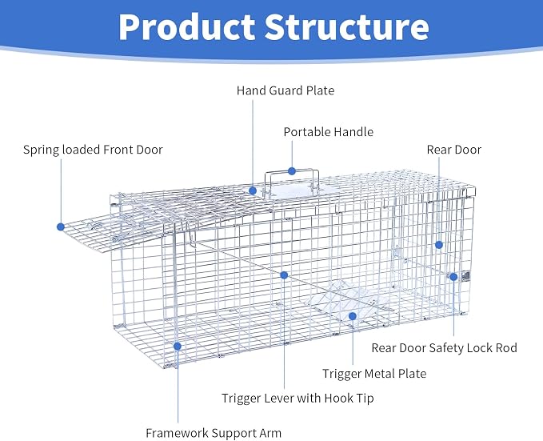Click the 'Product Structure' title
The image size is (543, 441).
pyautogui.click(x=273, y=27)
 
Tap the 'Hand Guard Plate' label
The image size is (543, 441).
pyautogui.click(x=285, y=90)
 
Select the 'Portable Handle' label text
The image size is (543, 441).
pyautogui.click(x=329, y=132)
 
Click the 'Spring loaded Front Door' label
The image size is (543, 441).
pyautogui.click(x=93, y=150)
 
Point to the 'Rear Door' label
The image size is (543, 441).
pyautogui.click(x=453, y=150)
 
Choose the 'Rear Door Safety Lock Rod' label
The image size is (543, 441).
pyautogui.click(x=444, y=347)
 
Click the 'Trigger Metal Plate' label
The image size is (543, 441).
pyautogui.click(x=374, y=374)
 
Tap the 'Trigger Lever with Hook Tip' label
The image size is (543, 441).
pyautogui.click(x=297, y=398)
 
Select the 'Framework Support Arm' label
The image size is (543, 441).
pyautogui.click(x=214, y=433)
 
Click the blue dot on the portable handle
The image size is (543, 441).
pyautogui.click(x=292, y=171)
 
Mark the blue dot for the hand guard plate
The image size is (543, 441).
pyautogui.click(x=253, y=190)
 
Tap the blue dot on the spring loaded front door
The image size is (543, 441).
pyautogui.click(x=61, y=227)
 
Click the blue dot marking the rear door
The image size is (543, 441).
pyautogui.click(x=439, y=245)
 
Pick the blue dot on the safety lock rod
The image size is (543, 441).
pyautogui.click(x=453, y=277)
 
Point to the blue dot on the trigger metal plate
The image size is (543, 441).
pyautogui.click(x=352, y=316)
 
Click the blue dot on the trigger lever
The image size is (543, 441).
pyautogui.click(x=284, y=275)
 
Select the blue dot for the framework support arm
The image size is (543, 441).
pyautogui.click(x=178, y=346)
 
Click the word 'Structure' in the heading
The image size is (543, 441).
pyautogui.click(x=347, y=27)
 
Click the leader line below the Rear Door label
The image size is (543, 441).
pyautogui.click(x=439, y=198)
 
